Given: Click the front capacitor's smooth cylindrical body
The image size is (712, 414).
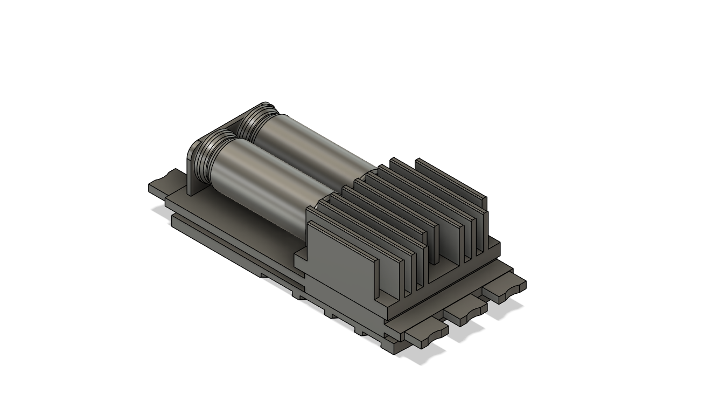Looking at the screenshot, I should [264, 183].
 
